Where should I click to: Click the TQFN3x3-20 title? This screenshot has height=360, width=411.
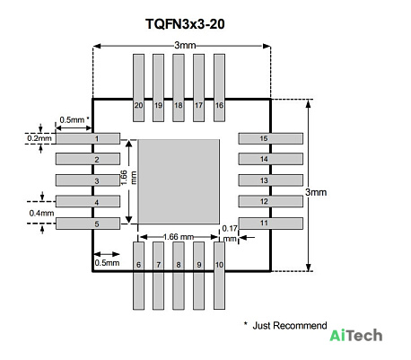click(x=185, y=24)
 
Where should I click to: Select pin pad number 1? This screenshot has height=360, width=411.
click(x=88, y=138)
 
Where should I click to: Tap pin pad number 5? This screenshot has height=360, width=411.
click(x=88, y=224)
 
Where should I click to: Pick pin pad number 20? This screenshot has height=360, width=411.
click(x=138, y=88)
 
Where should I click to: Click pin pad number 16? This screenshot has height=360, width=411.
click(x=219, y=88)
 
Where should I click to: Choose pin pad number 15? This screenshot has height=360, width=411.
click(x=271, y=138)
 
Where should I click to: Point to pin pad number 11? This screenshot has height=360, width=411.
click(x=271, y=224)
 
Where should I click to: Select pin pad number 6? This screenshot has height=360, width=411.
click(x=138, y=276)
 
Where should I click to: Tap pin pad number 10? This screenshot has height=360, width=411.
click(x=219, y=276)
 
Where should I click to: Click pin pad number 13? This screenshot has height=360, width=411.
click(x=271, y=180)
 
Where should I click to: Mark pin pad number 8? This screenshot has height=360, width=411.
click(x=179, y=276)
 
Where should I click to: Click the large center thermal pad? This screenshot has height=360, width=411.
click(x=179, y=181)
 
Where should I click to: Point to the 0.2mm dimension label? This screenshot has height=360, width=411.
click(x=39, y=138)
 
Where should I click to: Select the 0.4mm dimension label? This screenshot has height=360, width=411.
click(x=41, y=213)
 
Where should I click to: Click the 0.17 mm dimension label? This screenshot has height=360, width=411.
click(x=230, y=233)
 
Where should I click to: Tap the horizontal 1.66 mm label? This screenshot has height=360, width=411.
click(x=179, y=237)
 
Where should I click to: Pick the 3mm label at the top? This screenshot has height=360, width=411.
click(x=185, y=45)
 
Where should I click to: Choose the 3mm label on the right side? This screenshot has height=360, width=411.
click(x=316, y=192)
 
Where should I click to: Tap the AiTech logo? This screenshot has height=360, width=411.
click(x=356, y=336)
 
